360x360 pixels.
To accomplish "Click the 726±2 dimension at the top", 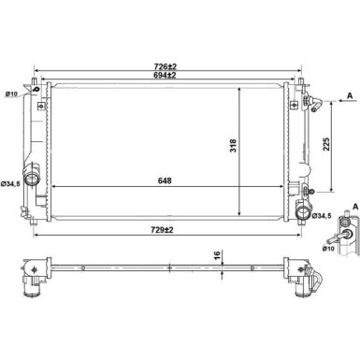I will click(167, 65).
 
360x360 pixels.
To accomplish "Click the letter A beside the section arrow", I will click(349, 95).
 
